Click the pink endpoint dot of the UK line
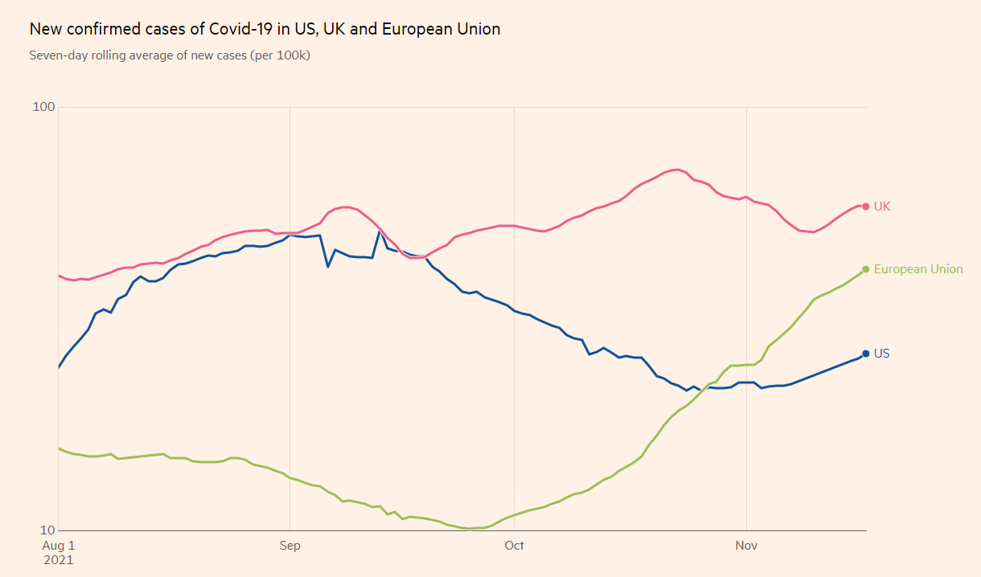865,207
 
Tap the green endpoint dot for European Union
865,269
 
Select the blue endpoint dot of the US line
865,354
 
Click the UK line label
882,207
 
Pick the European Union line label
917,269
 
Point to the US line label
881,354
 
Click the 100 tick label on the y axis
43,107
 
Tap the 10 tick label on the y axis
47,530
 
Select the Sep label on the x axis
289,546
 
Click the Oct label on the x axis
514,546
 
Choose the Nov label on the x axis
746,546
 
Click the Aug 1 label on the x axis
57,546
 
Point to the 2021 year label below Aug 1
57,559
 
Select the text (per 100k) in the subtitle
281,55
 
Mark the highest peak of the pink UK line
679,170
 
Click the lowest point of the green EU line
470,529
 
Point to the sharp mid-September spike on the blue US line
380,231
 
